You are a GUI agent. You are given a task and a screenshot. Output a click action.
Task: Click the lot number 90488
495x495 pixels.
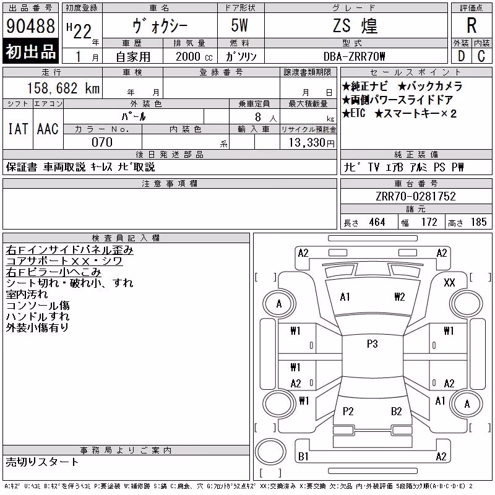tap(30, 26)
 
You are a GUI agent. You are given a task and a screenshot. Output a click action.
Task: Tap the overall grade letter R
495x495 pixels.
tap(471, 25)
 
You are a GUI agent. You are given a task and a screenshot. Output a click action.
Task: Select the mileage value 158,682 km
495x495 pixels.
tap(63, 88)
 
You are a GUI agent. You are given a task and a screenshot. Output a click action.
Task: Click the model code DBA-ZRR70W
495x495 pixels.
tap(354, 56)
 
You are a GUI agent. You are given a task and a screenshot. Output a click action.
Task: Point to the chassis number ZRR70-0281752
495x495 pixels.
tap(416, 196)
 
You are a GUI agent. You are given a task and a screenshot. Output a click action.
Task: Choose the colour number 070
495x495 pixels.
tap(102, 142)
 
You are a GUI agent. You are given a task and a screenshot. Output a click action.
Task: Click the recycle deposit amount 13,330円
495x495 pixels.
tap(312, 143)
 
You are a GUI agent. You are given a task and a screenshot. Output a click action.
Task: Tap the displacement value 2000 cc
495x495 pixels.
tap(194, 56)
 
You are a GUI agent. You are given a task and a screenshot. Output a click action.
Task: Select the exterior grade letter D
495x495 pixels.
tap(461, 56)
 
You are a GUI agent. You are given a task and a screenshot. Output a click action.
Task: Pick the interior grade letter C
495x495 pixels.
tap(481, 56)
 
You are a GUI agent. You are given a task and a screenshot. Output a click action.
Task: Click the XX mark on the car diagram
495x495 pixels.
tap(449, 283)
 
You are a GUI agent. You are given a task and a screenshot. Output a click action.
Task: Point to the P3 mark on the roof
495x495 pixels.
tap(372, 343)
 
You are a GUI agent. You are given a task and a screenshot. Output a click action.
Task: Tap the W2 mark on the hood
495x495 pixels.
tap(399, 297)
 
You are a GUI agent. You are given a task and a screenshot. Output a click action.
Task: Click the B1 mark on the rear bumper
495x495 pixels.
tap(303, 456)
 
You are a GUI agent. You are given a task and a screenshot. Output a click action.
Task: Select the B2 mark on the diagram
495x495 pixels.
tap(396, 411)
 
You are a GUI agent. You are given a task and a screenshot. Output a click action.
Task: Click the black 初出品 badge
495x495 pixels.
tap(30, 51)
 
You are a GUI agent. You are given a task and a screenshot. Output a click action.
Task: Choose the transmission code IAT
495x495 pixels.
tap(18, 129)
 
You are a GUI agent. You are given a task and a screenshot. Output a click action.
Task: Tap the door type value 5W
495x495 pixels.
tap(239, 25)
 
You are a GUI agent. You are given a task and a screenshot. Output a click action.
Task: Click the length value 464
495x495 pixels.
tap(377, 222)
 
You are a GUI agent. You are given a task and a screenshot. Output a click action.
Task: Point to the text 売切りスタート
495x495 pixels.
tap(42, 462)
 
